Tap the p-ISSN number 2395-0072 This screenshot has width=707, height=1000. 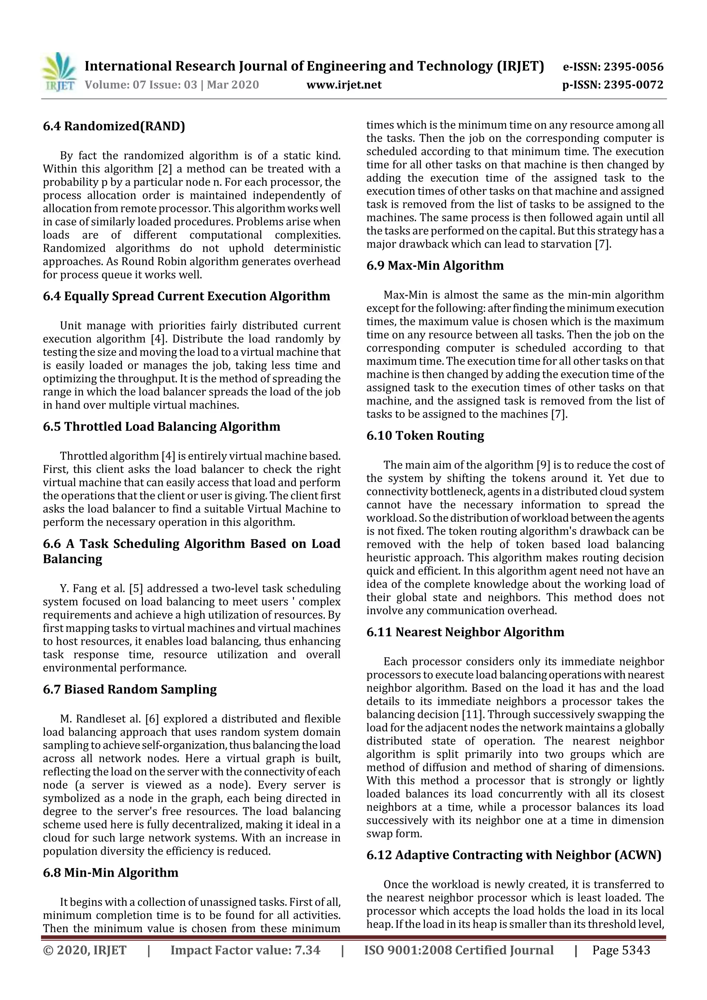(633, 85)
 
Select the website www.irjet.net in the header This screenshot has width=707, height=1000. (344, 85)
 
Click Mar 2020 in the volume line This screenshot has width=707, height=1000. (233, 85)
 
